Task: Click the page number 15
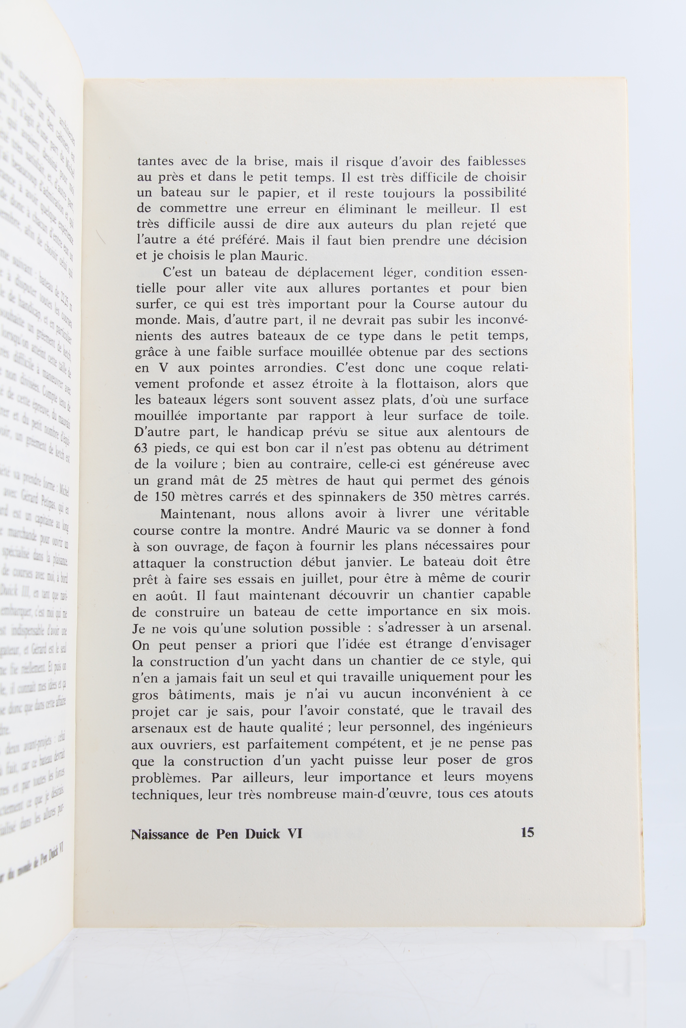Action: (527, 832)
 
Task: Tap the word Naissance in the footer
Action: (160, 834)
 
